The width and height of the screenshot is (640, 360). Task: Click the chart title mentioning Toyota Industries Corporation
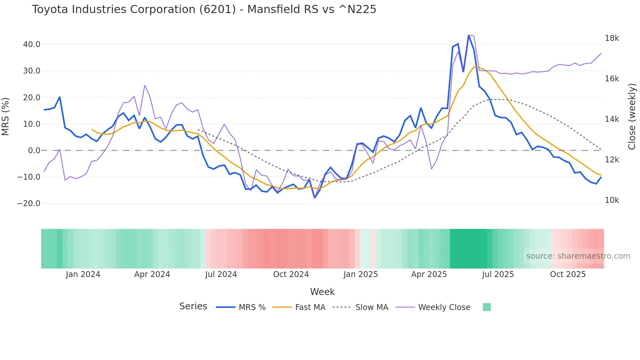[204, 9]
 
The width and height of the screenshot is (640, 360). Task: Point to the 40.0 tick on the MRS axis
[32, 44]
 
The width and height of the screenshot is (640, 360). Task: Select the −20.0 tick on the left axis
[29, 204]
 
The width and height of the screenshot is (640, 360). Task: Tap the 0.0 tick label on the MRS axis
[34, 151]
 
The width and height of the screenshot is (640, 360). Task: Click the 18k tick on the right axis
[612, 38]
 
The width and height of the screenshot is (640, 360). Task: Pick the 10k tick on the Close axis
[612, 200]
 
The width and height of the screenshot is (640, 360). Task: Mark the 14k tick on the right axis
[612, 119]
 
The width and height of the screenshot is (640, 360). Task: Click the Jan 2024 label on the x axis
[83, 274]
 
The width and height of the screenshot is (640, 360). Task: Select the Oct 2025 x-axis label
[568, 274]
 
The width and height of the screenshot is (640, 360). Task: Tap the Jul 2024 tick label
[221, 274]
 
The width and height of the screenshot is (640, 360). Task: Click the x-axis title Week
[322, 292]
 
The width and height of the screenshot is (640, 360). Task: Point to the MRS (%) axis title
[6, 117]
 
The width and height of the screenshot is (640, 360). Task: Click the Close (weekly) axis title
[632, 117]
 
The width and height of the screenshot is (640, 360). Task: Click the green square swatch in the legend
[487, 307]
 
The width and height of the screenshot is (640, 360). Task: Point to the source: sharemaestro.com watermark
[578, 256]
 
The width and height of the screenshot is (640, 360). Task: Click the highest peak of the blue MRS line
[469, 36]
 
